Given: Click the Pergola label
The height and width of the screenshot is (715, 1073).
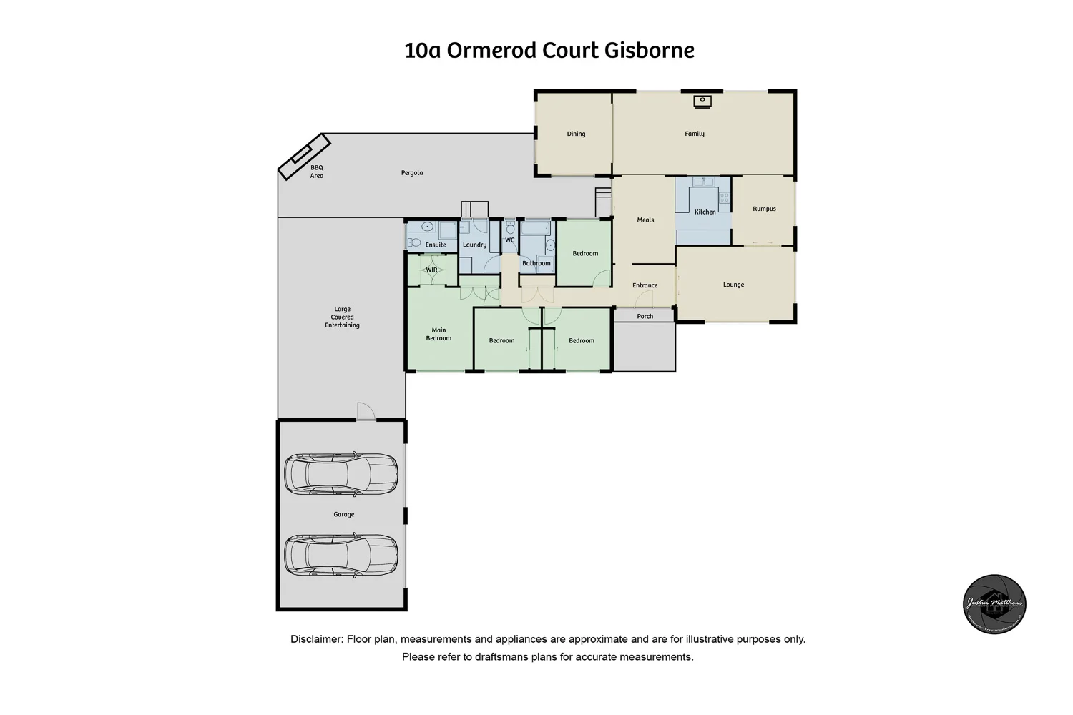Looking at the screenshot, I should (412, 173).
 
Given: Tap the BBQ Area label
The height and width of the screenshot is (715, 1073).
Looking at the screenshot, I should (316, 172).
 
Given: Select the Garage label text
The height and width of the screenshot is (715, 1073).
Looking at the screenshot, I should (344, 514).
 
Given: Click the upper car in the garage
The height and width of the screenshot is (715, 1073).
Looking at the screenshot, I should (341, 473).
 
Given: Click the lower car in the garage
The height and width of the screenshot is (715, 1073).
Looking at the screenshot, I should (341, 555).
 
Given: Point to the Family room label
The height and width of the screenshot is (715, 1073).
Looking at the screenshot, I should (695, 134).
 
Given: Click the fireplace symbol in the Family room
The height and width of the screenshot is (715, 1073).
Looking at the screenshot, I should (702, 102).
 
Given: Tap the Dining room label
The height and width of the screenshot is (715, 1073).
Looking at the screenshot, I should (576, 134).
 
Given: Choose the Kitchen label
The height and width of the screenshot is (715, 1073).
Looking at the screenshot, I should (705, 212).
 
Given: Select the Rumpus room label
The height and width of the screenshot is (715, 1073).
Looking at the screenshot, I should (764, 209).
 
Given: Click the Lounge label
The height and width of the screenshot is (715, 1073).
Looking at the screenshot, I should (733, 285).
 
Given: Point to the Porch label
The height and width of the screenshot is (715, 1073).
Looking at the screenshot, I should (645, 316).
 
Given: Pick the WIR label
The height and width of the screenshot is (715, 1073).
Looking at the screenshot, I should (431, 270).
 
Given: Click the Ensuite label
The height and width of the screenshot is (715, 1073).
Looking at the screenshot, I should (436, 245).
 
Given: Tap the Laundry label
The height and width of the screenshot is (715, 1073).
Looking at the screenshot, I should (474, 245).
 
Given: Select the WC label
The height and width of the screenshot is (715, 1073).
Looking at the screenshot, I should (510, 240).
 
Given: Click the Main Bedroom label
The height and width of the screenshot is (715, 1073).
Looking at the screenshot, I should (438, 334).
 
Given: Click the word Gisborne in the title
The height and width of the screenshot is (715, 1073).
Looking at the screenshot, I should (650, 51).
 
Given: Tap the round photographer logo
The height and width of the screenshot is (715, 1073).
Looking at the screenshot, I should (994, 604).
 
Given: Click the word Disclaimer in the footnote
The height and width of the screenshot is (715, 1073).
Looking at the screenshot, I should (316, 639).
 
